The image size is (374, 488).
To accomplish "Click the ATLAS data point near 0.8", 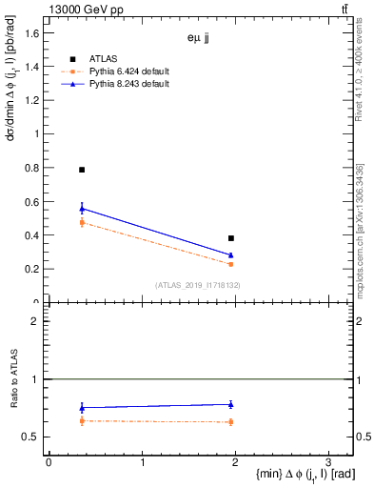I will click(x=82, y=170).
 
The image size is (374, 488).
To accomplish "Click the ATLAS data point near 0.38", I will click(x=231, y=238).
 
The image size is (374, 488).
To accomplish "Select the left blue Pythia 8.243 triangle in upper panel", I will click(x=82, y=208).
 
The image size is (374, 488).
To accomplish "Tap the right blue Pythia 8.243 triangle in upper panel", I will click(x=231, y=255).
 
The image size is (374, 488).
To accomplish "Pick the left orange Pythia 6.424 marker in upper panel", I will click(x=82, y=222).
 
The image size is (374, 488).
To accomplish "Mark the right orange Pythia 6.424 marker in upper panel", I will click(x=231, y=264).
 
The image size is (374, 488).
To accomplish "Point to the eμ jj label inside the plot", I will click(x=198, y=39).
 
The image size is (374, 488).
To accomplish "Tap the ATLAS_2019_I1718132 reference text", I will click(x=198, y=285).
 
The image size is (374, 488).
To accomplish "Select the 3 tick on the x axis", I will click(x=327, y=460).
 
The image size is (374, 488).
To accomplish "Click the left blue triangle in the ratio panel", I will click(x=82, y=407).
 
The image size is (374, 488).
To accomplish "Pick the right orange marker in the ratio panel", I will click(x=231, y=421).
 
